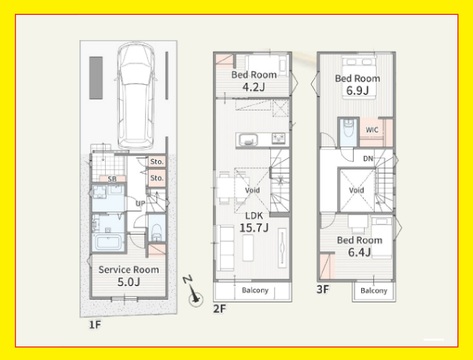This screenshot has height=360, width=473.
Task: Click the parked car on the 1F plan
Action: pyautogui.click(x=135, y=96)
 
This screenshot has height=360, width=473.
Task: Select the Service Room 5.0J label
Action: pyautogui.click(x=129, y=276)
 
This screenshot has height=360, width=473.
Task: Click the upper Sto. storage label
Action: pyautogui.click(x=157, y=162)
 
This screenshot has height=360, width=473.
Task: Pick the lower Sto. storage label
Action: pyautogui.click(x=157, y=178)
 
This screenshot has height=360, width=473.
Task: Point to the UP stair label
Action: pyautogui.click(x=140, y=203)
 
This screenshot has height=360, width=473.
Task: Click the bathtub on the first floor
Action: pyautogui.click(x=108, y=242)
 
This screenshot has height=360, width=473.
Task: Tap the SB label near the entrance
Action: pyautogui.click(x=112, y=179)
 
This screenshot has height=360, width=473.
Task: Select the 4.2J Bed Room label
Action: pyautogui.click(x=254, y=81)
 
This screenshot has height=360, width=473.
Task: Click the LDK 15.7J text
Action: pyautogui.click(x=254, y=222)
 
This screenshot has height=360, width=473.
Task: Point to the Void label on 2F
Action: pyautogui.click(x=252, y=190)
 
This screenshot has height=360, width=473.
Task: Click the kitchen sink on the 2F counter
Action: pyautogui.click(x=248, y=139)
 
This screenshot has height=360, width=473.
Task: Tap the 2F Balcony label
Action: pyautogui.click(x=255, y=290)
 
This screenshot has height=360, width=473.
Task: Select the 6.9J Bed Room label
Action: pyautogui.click(x=357, y=84)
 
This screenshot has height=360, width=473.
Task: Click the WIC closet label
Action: pyautogui.click(x=372, y=130)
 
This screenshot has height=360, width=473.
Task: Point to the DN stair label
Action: pyautogui.click(x=368, y=159)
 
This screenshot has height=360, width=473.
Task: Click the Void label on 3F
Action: pyautogui.click(x=356, y=190)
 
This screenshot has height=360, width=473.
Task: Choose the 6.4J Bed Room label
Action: pyautogui.click(x=359, y=246)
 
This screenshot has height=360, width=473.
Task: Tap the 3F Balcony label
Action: pyautogui.click(x=374, y=291)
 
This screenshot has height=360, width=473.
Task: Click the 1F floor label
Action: pyautogui.click(x=95, y=325)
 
